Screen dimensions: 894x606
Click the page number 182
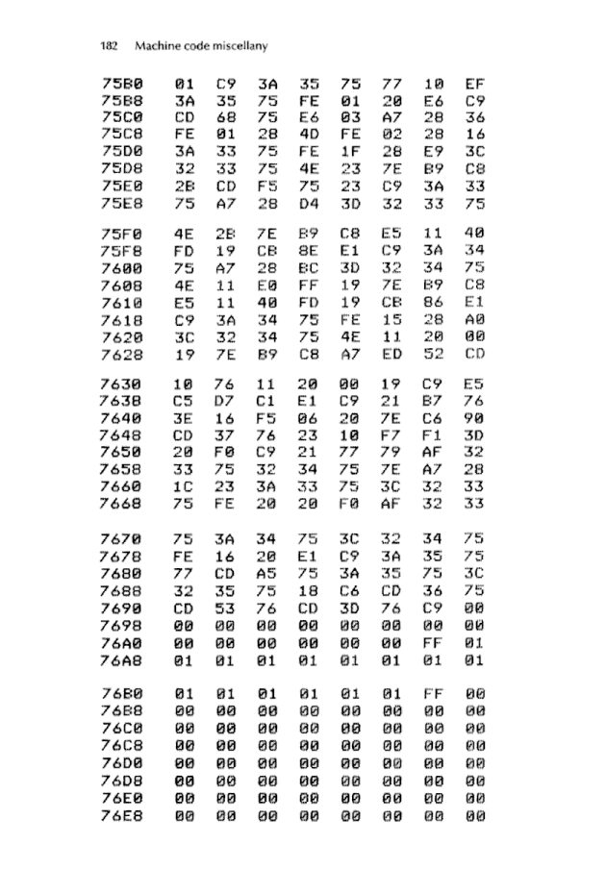tap(111, 45)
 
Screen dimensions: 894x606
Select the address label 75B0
tap(123, 84)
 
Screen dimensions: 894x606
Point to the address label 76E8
tap(123, 816)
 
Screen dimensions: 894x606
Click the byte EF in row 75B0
tap(473, 84)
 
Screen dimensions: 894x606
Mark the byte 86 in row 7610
tap(432, 302)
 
